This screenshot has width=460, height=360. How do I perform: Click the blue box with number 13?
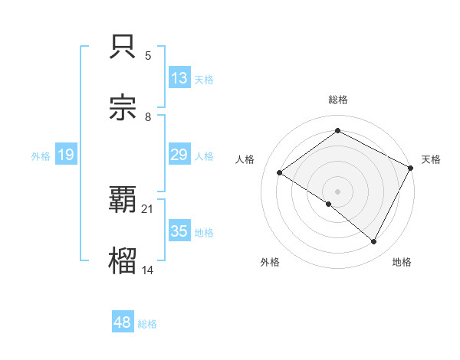(x=179, y=78)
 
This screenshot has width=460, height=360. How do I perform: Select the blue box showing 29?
(x=179, y=155)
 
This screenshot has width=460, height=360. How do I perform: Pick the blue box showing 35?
(x=179, y=231)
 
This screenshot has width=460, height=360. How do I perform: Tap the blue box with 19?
(x=65, y=155)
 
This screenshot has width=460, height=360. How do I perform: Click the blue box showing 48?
(x=123, y=322)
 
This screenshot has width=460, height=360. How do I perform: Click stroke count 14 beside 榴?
(x=148, y=270)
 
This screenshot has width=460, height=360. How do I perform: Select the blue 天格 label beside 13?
(x=204, y=80)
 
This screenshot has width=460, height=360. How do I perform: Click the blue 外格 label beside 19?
(x=41, y=156)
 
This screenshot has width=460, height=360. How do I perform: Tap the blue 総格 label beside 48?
(x=147, y=324)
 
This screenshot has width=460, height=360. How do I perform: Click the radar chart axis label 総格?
(x=338, y=100)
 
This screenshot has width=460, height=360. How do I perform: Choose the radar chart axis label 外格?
(x=270, y=262)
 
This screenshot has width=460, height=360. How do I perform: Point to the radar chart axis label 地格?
(x=402, y=262)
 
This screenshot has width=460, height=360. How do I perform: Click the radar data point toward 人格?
(x=280, y=173)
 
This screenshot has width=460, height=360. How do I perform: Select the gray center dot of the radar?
(x=337, y=191)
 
